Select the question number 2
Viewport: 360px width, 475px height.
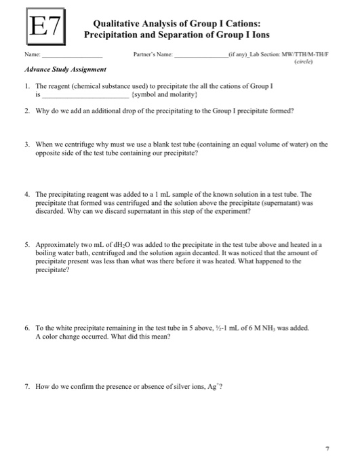[26, 111]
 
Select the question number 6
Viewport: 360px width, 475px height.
[26, 327]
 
